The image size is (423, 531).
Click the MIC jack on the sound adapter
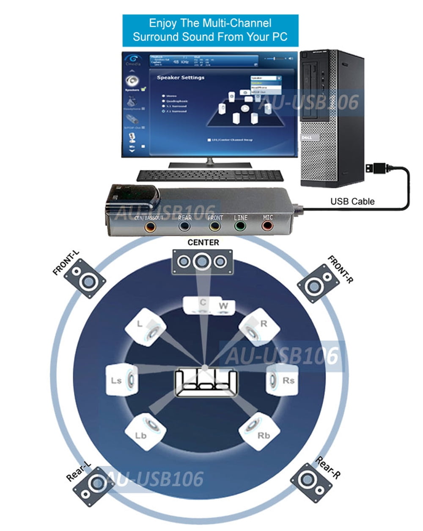(x=267, y=226)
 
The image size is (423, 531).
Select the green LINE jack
(x=241, y=226)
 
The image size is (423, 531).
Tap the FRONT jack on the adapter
(x=215, y=226)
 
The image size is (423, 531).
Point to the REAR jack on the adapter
(x=184, y=226)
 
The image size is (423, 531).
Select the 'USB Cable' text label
(x=352, y=202)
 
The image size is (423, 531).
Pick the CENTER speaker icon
(x=202, y=261)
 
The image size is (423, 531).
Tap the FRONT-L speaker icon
(x=85, y=278)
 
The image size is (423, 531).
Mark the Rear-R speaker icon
(x=311, y=483)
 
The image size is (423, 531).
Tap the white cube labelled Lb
(x=145, y=431)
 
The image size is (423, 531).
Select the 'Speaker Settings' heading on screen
(x=181, y=78)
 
